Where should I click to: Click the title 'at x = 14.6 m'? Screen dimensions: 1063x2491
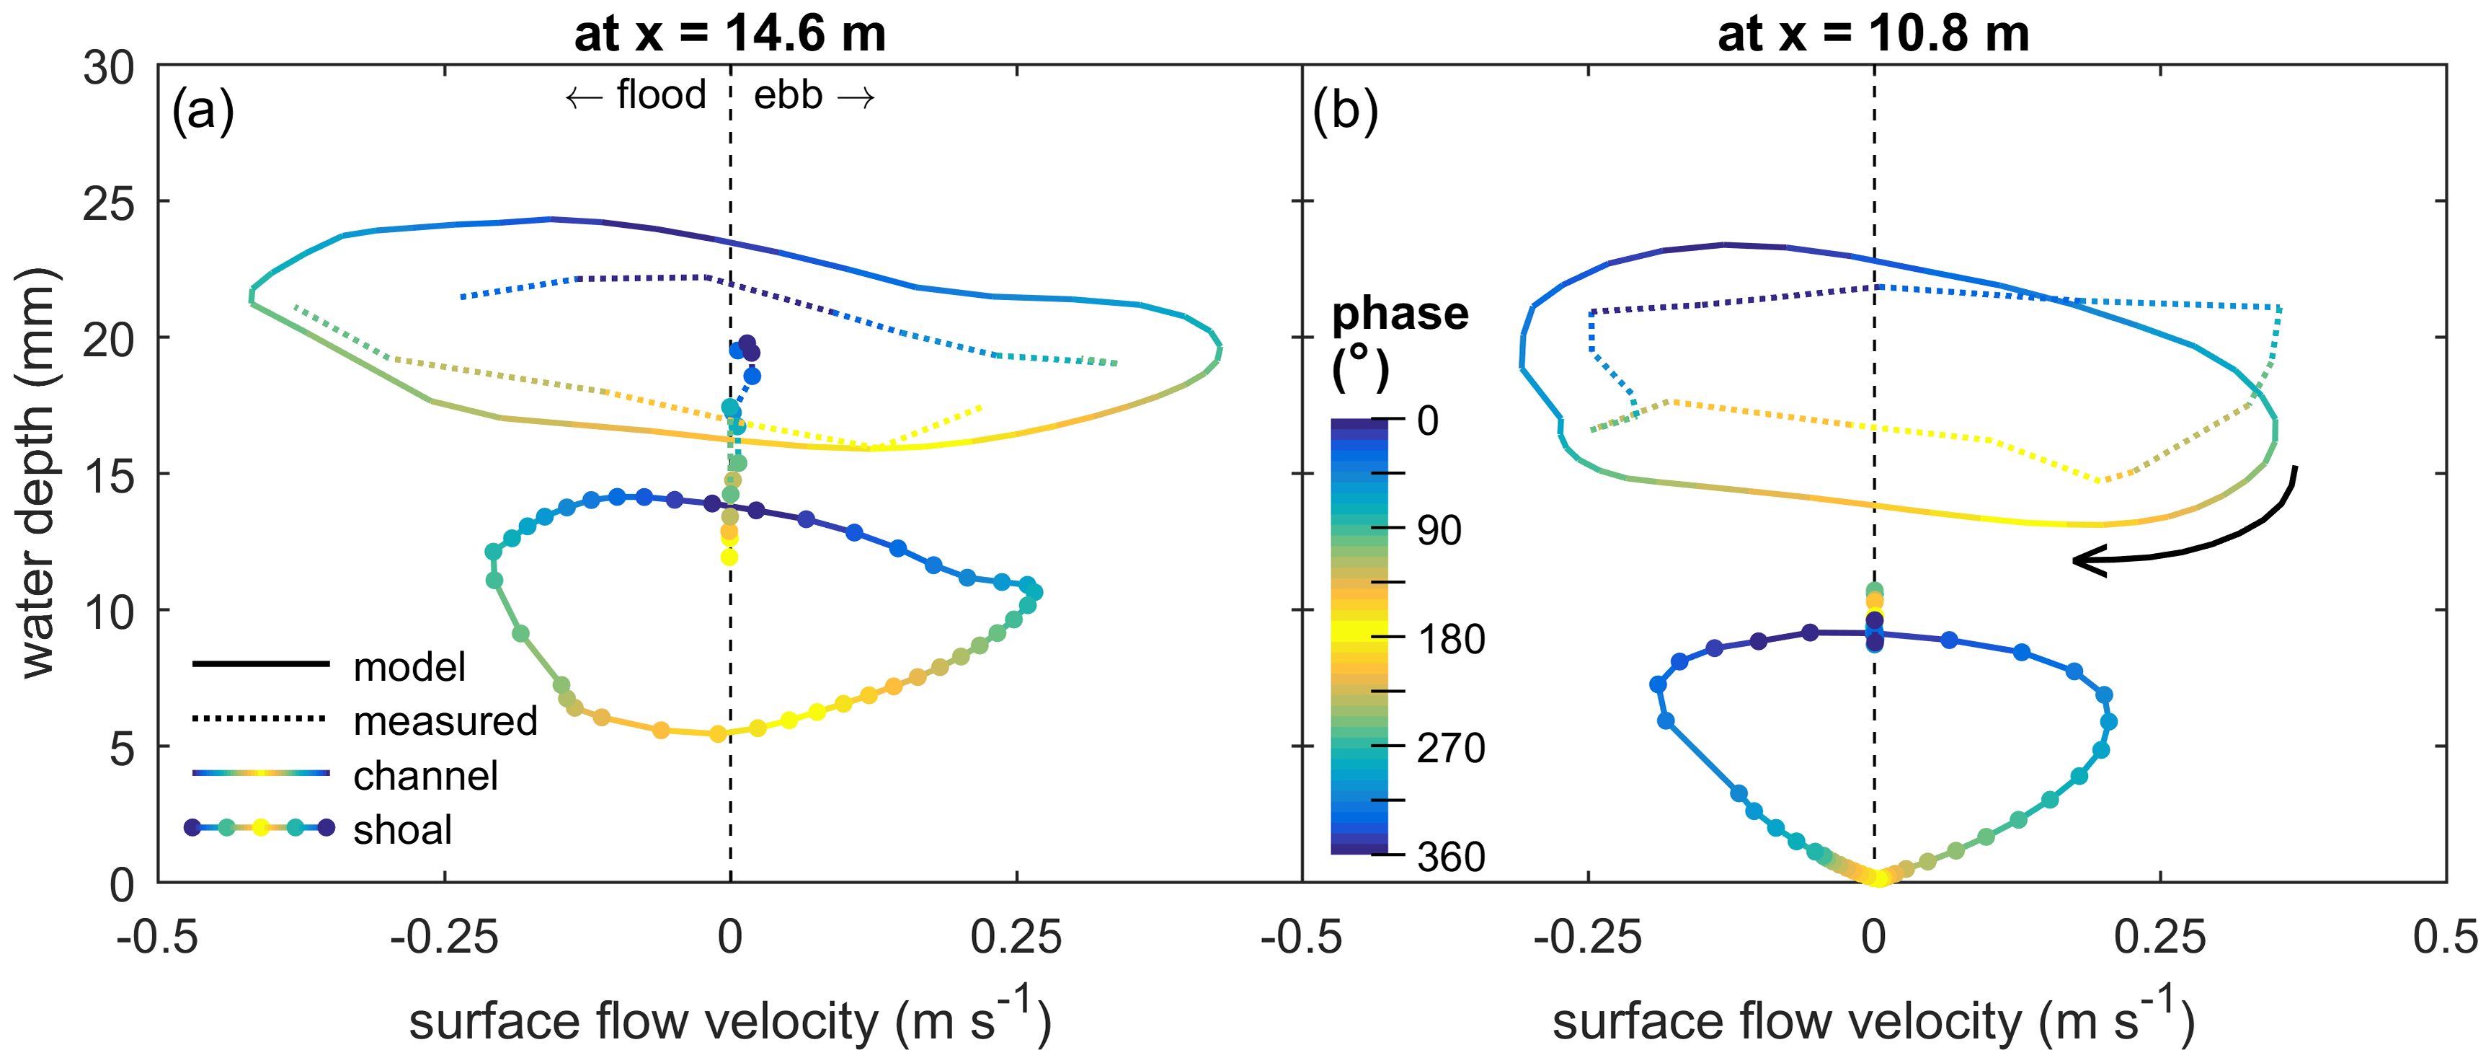pos(730,34)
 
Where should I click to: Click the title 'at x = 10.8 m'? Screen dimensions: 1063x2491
pos(1873,34)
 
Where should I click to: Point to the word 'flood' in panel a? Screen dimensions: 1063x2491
pos(662,94)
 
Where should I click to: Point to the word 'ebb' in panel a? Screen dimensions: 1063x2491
pos(788,94)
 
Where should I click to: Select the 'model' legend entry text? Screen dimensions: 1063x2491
pos(409,666)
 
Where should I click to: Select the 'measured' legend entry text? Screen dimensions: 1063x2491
pos(445,720)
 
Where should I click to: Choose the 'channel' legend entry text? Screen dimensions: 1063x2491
pos(425,775)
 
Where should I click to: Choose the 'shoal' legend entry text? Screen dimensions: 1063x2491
pos(402,829)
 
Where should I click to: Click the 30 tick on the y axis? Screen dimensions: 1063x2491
pos(108,68)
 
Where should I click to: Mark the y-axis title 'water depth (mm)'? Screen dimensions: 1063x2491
pos(39,474)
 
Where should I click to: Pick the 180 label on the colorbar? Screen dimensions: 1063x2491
pos(1450,638)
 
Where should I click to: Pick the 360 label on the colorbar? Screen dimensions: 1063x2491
pos(1450,856)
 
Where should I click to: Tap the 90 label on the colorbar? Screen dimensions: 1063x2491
pos(1439,530)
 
